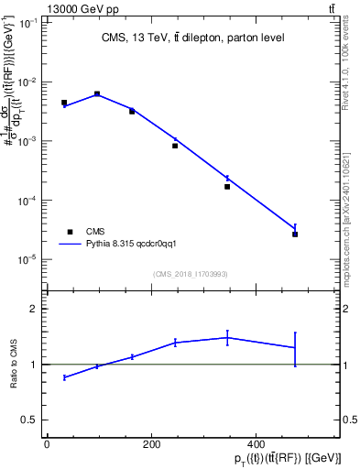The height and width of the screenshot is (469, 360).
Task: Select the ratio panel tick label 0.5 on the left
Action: (x=27, y=420)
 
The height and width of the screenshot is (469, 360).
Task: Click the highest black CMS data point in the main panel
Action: (x=97, y=93)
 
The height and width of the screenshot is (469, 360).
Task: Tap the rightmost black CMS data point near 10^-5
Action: (x=295, y=234)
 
